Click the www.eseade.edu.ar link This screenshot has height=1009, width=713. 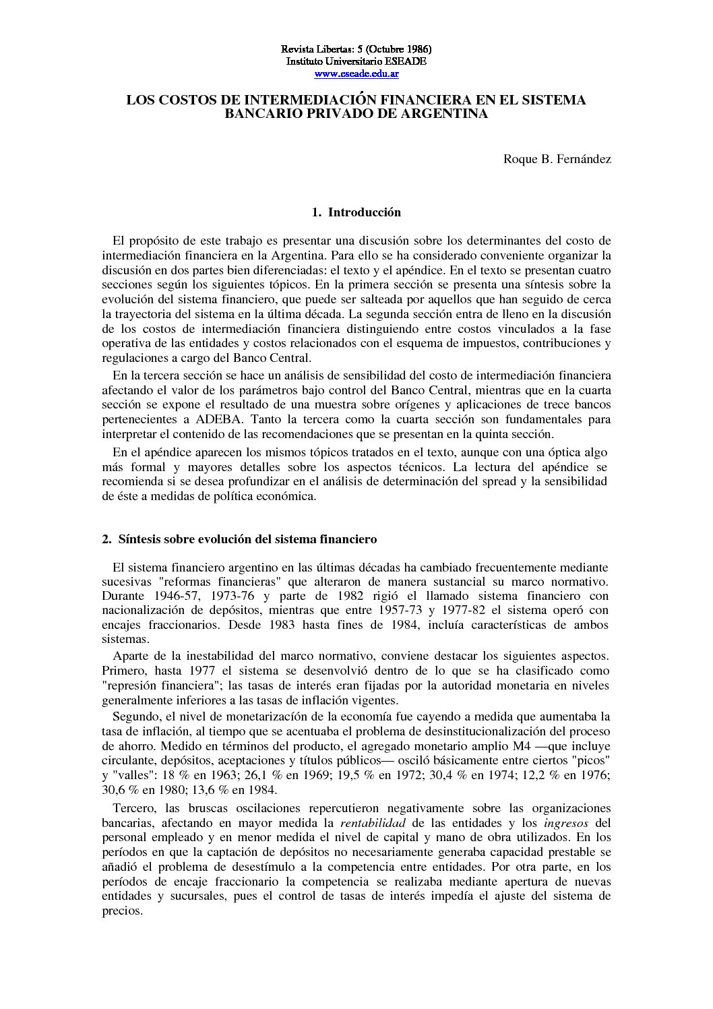pos(356,73)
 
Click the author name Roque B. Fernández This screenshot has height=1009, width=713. pos(557,159)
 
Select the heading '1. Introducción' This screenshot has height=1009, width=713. pos(356,212)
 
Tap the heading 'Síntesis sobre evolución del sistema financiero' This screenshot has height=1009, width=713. pos(247,539)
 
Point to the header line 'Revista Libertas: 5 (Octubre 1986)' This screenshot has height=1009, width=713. pos(356,49)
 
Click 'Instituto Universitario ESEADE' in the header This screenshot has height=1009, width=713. pos(356,61)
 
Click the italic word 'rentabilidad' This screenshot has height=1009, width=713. pos(373,823)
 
